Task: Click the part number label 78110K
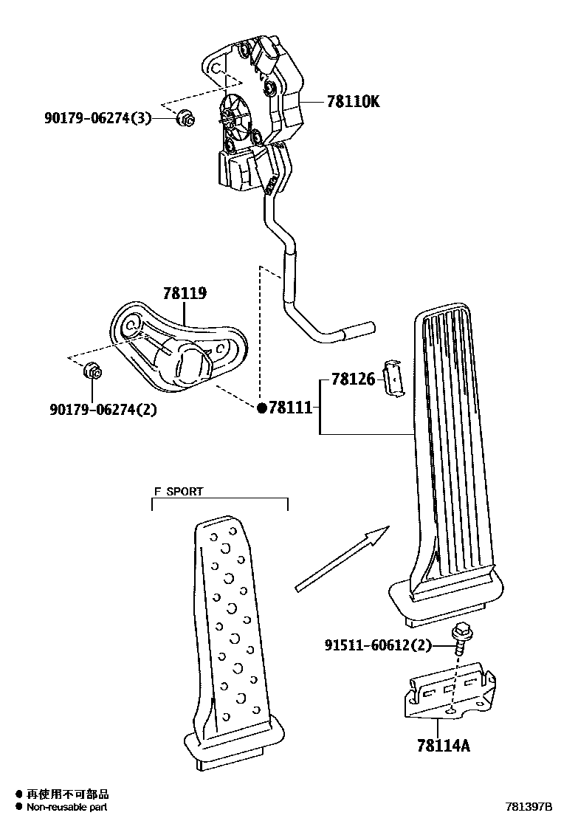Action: tap(353, 102)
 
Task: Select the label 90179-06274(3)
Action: tap(98, 117)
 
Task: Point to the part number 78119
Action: tap(185, 294)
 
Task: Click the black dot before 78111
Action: tap(261, 408)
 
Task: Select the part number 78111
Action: tap(292, 408)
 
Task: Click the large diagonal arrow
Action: tap(341, 560)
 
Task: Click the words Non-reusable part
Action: tap(68, 808)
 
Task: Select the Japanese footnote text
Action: tap(68, 795)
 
